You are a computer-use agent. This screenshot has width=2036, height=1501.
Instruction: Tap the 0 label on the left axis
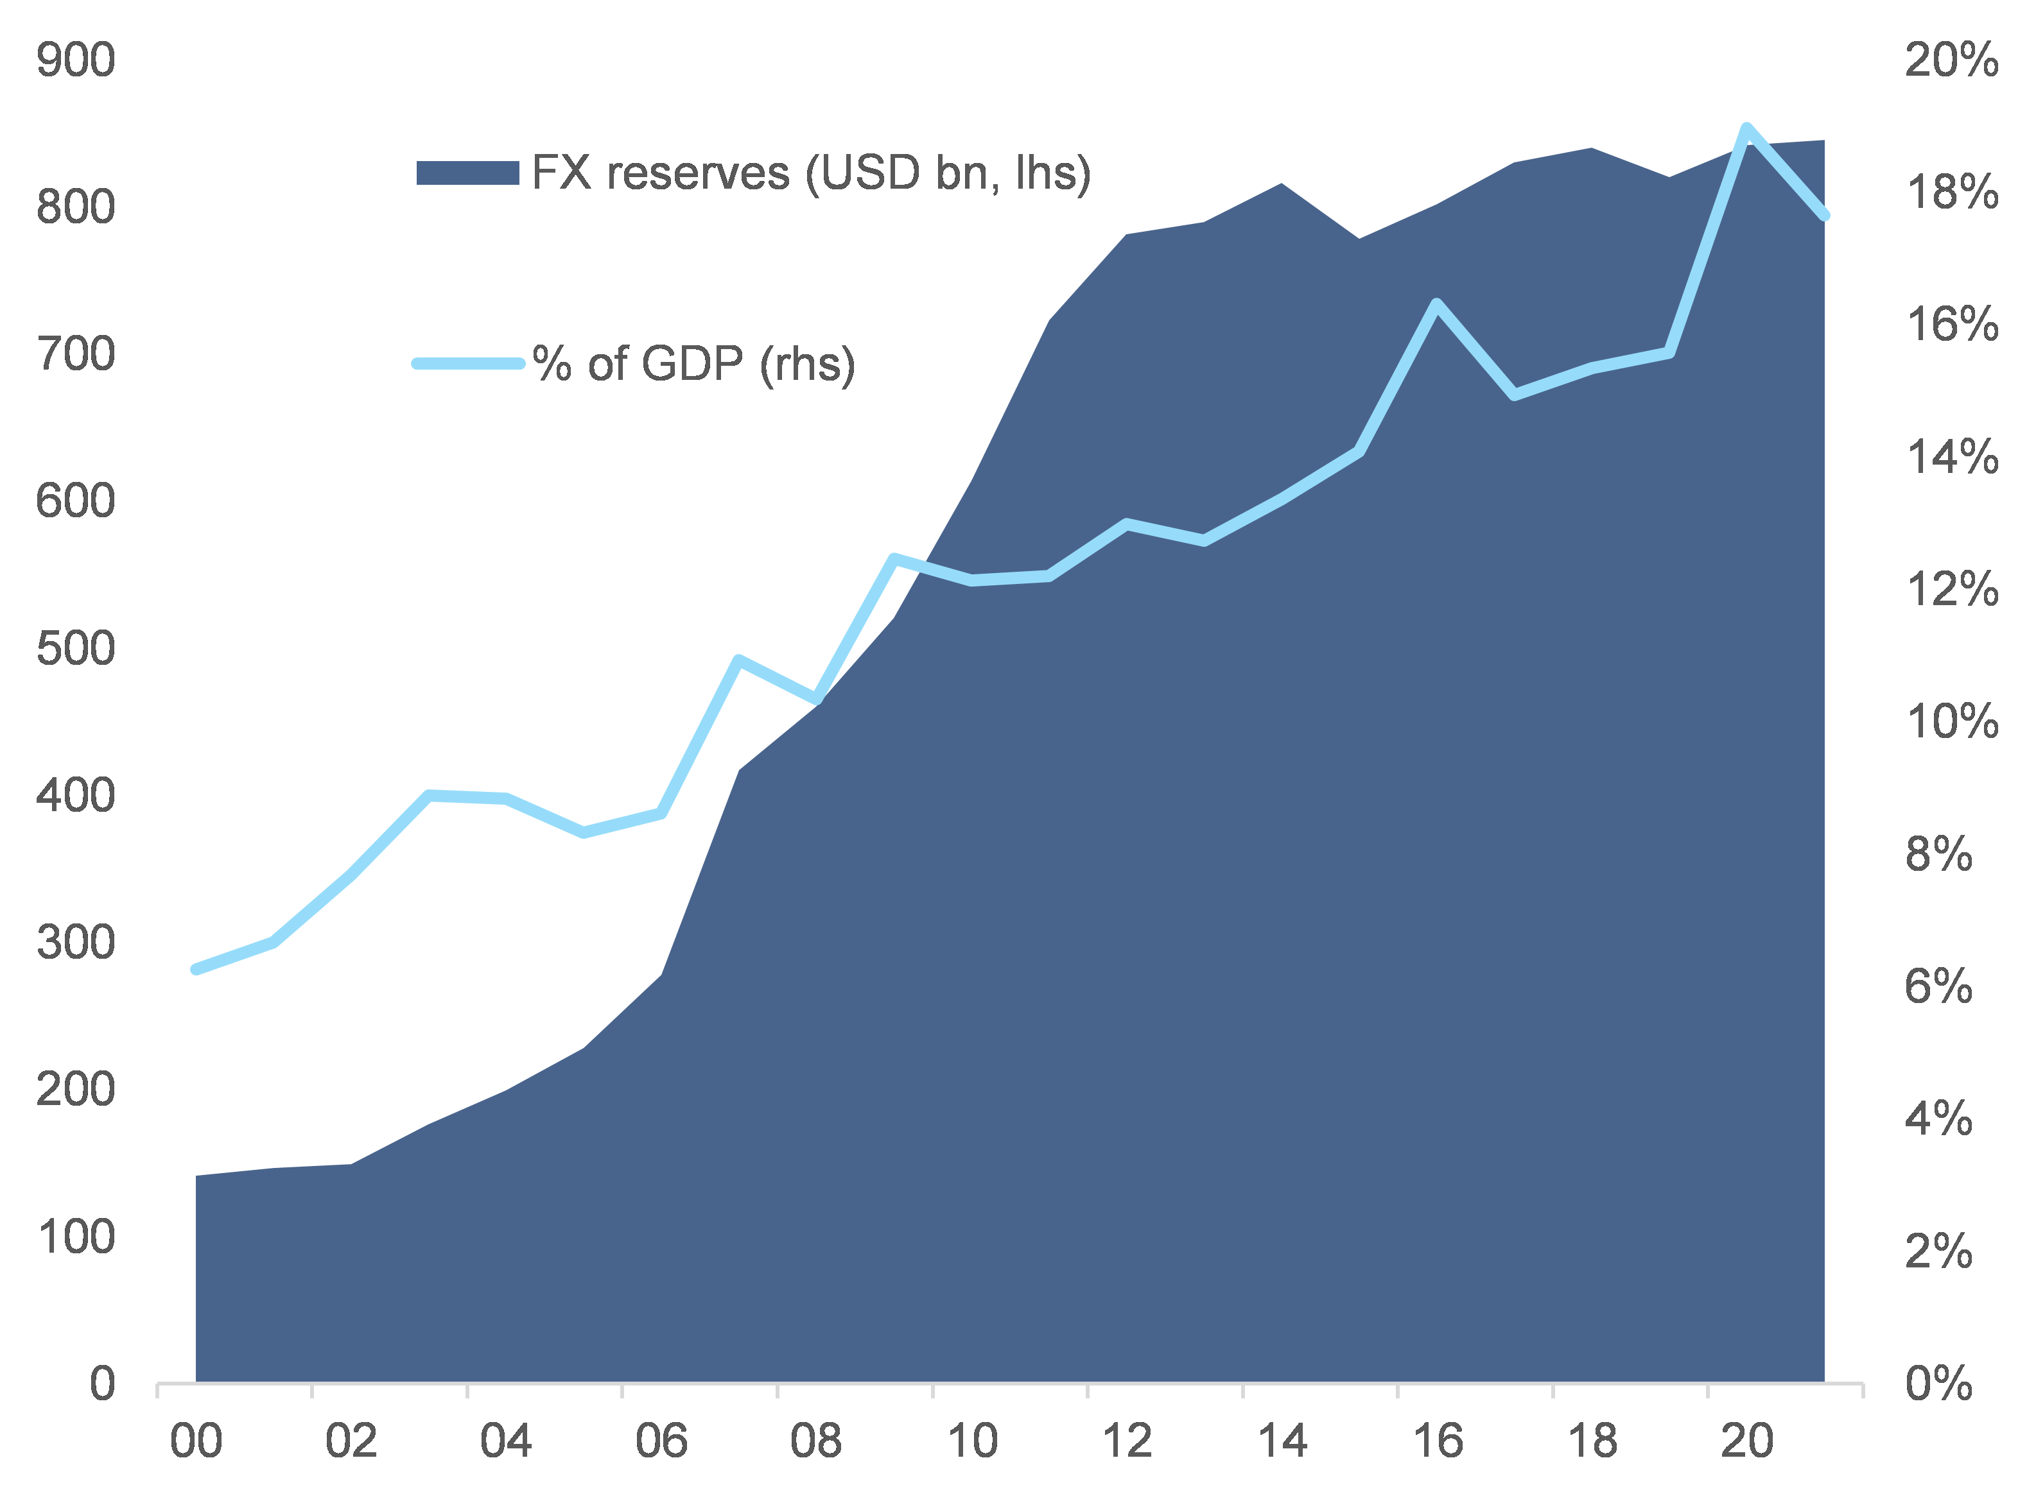pos(102,1384)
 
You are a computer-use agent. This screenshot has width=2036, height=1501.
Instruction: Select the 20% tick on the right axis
pos(1951,61)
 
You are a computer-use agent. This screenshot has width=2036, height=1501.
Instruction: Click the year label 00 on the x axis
pos(196,1442)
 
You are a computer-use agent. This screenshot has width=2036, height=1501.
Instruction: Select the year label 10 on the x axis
pos(971,1442)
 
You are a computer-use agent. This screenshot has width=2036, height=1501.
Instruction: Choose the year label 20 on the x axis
pos(1747,1442)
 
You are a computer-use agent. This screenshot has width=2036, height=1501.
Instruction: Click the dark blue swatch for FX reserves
pos(467,173)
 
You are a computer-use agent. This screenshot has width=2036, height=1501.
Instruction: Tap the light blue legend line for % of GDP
pos(467,363)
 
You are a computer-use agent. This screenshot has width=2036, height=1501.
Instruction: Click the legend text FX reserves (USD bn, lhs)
pos(811,173)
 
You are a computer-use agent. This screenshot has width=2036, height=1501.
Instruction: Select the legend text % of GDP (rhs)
pos(693,363)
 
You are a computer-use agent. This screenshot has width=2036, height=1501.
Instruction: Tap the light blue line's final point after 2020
pos(1823,216)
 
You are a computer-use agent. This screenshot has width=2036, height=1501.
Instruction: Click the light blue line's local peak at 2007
pos(739,660)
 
